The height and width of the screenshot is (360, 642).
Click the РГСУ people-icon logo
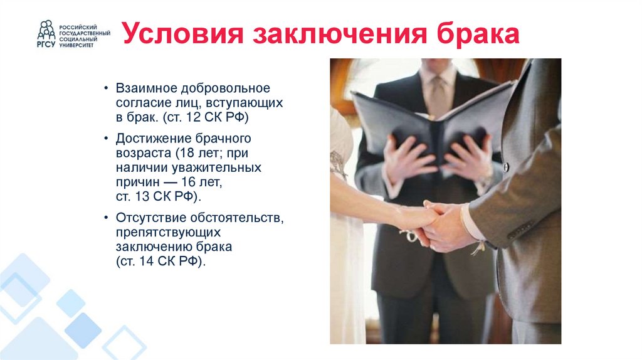tap(46, 33)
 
